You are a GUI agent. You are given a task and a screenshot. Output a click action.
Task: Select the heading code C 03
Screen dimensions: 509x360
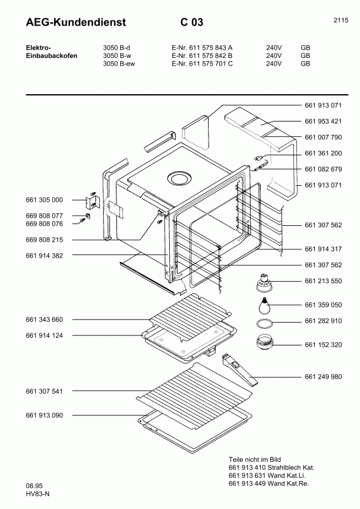click(191, 23)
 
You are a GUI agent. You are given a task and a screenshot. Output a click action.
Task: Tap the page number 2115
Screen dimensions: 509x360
click(340, 20)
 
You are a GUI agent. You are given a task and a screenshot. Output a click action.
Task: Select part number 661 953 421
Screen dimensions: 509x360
click(323, 121)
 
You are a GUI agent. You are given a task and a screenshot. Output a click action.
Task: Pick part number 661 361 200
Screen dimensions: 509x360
click(323, 153)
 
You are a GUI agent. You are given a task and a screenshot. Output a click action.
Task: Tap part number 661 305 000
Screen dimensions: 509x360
click(45, 200)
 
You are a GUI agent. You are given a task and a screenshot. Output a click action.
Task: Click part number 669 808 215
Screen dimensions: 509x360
click(45, 240)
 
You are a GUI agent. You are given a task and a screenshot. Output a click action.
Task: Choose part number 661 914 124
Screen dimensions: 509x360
click(45, 335)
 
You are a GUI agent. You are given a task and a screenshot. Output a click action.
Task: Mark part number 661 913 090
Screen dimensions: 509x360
click(45, 415)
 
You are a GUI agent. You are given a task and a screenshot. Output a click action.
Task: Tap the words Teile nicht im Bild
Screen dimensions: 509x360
click(256, 459)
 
